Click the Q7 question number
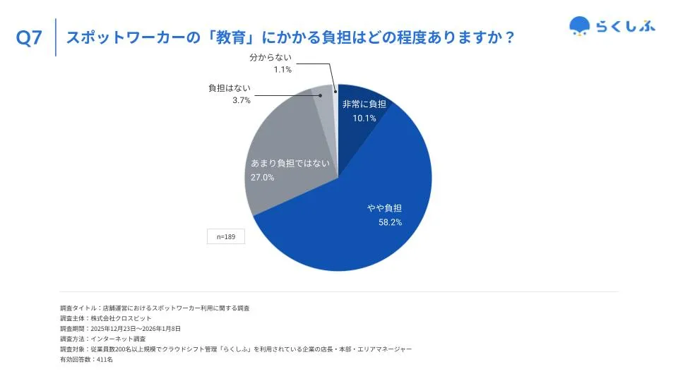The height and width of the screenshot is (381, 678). (x=29, y=39)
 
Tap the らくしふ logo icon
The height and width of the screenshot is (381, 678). (x=580, y=26)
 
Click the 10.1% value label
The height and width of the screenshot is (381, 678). (x=364, y=118)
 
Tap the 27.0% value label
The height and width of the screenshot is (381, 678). (x=263, y=178)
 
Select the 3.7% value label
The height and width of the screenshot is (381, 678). (x=242, y=101)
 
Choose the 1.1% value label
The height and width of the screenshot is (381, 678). (x=282, y=70)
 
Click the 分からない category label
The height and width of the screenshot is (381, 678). (x=270, y=57)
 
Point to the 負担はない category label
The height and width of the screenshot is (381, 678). (x=230, y=88)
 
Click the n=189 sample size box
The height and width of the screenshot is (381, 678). (x=226, y=236)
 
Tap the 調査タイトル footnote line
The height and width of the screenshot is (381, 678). (x=155, y=308)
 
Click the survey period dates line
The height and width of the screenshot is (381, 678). (x=120, y=329)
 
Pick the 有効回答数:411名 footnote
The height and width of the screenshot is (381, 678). (x=87, y=360)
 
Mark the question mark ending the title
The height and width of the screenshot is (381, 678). (x=506, y=38)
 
